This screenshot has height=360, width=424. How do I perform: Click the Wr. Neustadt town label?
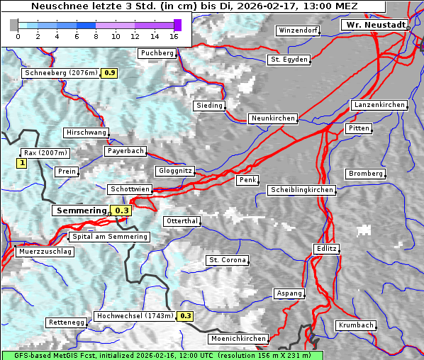point(376,25)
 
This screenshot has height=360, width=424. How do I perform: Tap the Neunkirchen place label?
point(272,118)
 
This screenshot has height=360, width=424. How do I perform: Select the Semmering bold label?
point(81,210)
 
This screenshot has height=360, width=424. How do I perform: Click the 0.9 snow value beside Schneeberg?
point(110,73)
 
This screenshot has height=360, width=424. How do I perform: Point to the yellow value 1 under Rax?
point(21,164)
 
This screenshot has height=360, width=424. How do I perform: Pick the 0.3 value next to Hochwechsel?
point(185,316)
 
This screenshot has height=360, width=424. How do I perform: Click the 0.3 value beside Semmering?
point(122,210)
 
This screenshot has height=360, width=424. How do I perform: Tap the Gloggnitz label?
point(174,171)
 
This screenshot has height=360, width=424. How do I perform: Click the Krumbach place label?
point(355,325)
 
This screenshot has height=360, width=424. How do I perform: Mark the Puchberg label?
point(157,53)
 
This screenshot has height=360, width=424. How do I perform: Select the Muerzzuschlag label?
point(45,252)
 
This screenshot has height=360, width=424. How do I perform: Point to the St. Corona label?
point(228,260)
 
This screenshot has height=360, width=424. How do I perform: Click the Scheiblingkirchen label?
point(301,190)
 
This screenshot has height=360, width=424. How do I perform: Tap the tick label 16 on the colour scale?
point(174,35)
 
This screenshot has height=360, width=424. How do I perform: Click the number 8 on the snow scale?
point(96,35)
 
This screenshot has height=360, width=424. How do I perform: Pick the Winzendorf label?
point(298,31)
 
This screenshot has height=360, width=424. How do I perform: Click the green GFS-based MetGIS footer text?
point(162,355)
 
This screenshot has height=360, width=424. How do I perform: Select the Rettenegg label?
point(66,322)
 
